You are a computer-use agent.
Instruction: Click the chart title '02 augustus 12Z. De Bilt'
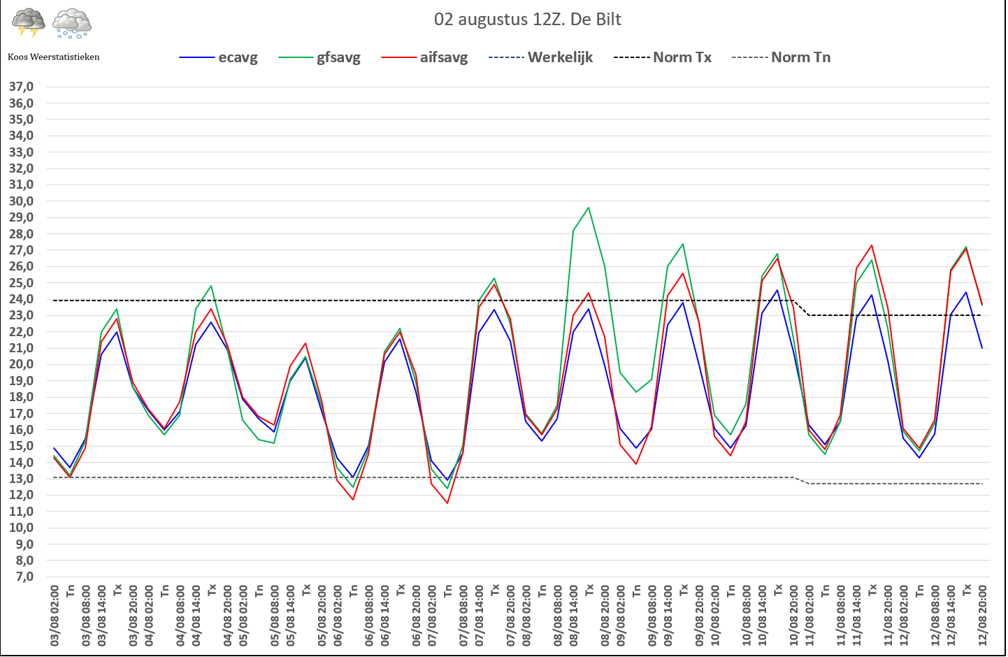coord(527,20)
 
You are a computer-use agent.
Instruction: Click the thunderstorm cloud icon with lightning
coord(29,22)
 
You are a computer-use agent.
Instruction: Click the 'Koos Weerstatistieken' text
coord(54,57)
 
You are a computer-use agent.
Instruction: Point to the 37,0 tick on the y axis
coord(21,87)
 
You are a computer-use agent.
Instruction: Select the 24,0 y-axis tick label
coord(21,299)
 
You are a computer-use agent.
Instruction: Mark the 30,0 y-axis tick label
coord(21,201)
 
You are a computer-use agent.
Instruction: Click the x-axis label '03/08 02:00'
coord(55,615)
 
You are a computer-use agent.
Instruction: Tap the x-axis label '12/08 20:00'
coord(982,615)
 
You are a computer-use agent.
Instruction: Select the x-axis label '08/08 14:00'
coord(574,615)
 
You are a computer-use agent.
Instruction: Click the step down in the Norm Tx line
coord(801,308)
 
